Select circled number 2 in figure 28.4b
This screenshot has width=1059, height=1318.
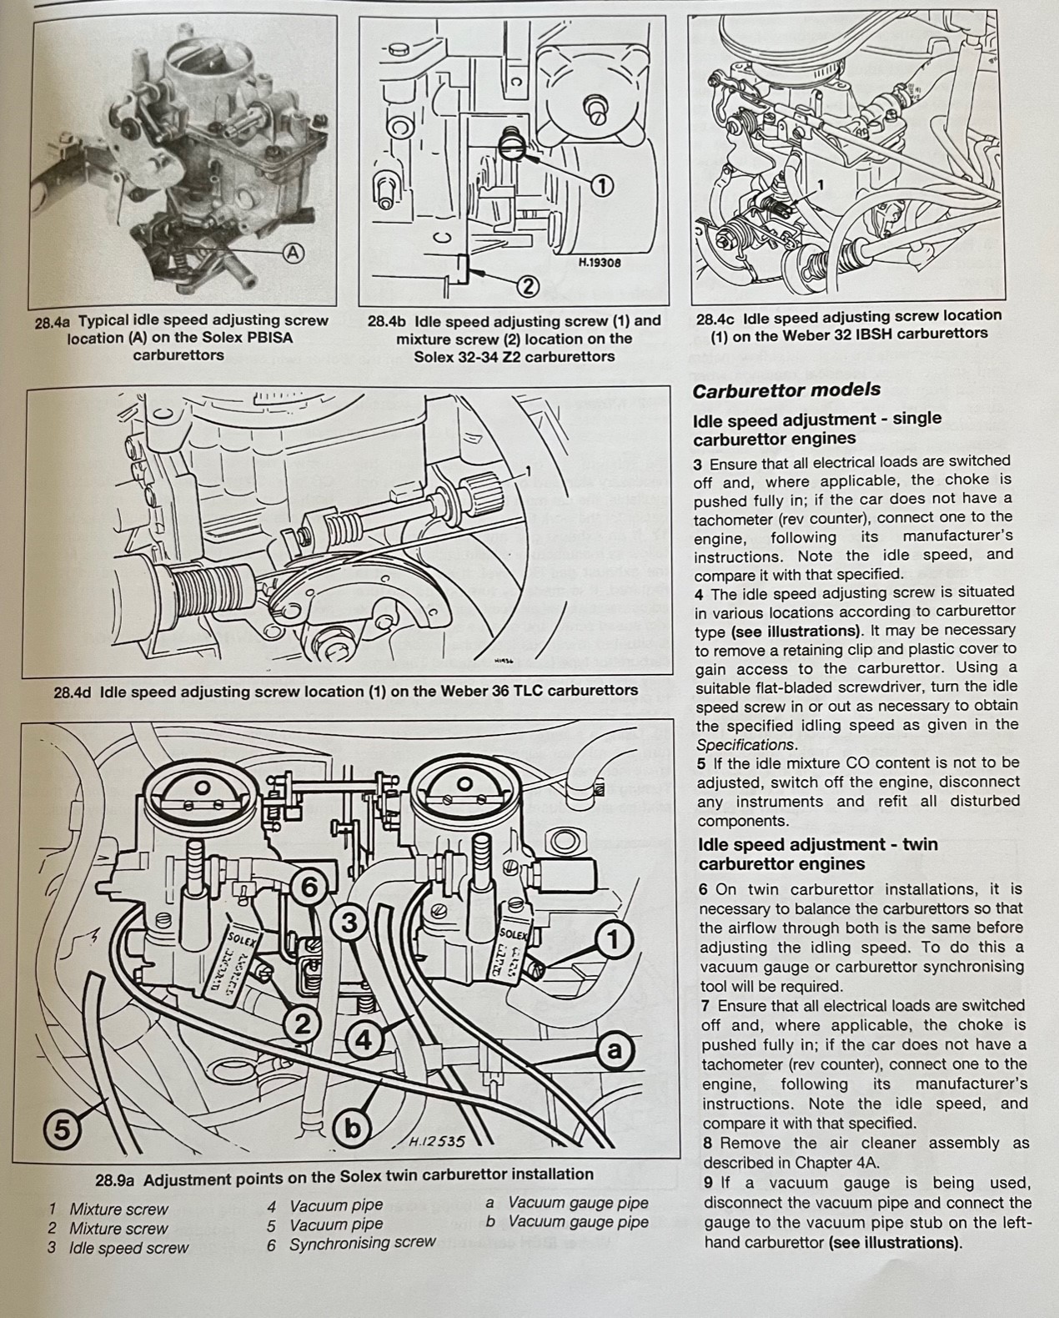click(527, 286)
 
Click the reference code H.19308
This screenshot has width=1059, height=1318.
click(600, 262)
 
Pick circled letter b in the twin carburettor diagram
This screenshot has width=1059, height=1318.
click(354, 1129)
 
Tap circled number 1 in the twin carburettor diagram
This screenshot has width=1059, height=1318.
click(613, 941)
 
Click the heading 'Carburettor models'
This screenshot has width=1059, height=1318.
click(786, 390)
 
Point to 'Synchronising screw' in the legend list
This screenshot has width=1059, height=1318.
click(362, 1243)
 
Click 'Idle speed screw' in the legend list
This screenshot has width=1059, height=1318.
click(128, 1248)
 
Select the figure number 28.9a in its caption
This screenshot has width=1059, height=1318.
click(116, 1180)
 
